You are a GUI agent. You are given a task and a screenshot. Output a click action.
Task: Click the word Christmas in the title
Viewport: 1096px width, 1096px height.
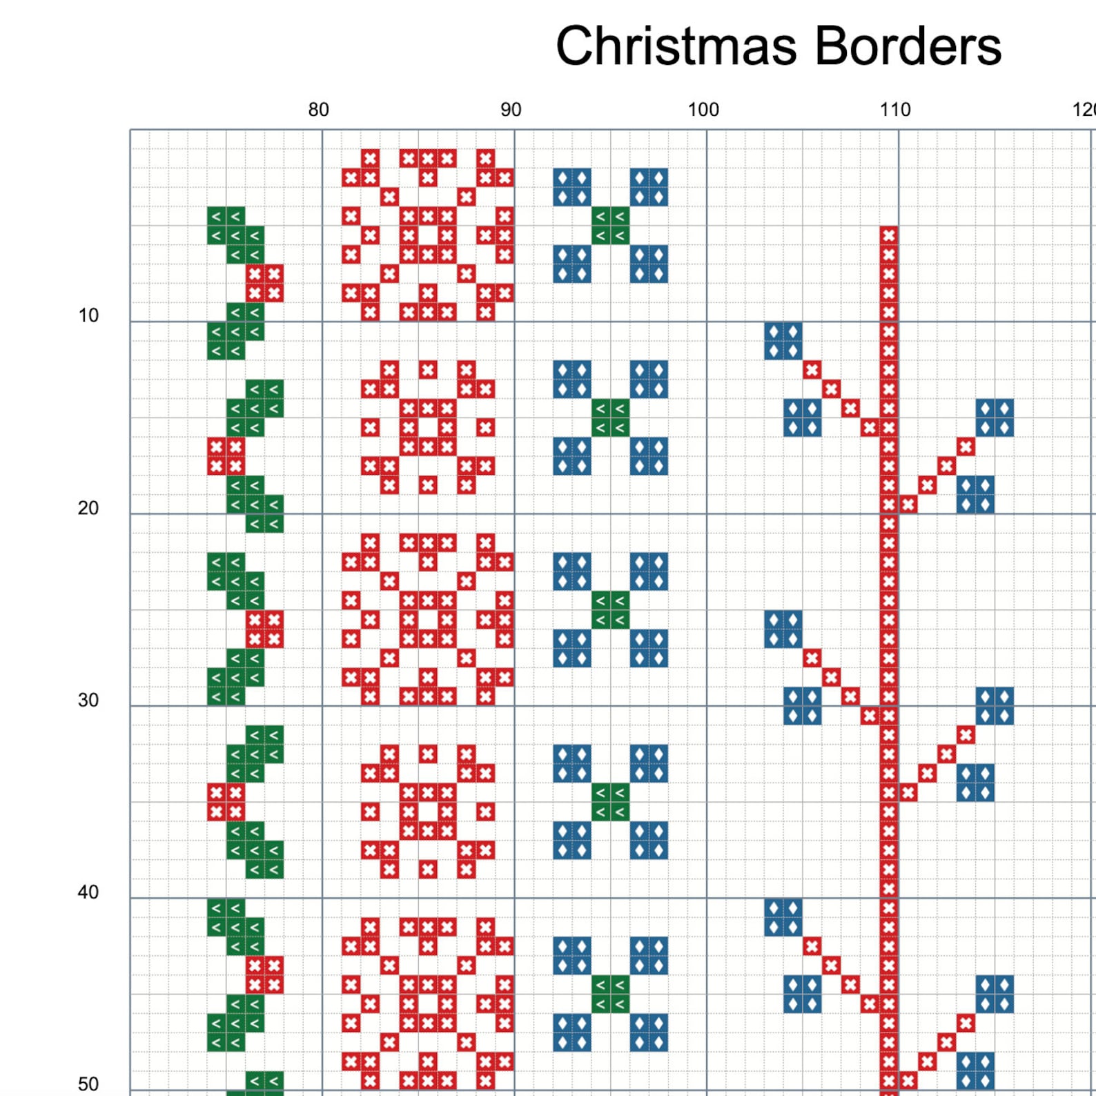coord(676,46)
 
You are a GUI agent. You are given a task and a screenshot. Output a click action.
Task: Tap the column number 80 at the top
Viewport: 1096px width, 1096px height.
coord(318,110)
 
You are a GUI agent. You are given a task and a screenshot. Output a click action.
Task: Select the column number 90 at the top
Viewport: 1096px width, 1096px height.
coord(511,110)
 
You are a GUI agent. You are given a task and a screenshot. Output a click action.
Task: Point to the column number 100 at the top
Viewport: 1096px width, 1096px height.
coord(703,110)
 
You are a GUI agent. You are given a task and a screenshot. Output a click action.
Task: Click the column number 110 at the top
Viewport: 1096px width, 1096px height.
coord(895,110)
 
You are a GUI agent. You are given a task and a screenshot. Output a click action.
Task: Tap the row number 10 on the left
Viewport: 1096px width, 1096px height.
coord(88,315)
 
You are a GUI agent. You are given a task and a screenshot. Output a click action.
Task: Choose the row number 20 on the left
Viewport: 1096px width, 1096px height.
coord(88,508)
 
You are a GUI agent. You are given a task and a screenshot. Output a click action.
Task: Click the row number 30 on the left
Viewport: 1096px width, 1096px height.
coord(88,700)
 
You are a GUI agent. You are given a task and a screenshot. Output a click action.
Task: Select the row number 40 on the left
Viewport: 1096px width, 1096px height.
coord(88,892)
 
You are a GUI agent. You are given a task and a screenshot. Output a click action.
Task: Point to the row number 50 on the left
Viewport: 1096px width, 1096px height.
coord(88,1084)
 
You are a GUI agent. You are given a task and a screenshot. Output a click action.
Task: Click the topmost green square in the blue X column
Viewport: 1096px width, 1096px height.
coord(611,226)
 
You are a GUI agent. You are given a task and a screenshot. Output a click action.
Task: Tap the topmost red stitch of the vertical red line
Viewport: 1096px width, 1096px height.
coord(889,235)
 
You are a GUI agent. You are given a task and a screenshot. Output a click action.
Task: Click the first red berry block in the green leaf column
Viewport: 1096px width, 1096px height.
coord(265,284)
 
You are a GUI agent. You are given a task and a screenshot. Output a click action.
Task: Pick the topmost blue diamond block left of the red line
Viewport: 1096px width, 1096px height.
coord(783,341)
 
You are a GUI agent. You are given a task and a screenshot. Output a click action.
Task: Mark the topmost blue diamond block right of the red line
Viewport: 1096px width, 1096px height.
coord(995,418)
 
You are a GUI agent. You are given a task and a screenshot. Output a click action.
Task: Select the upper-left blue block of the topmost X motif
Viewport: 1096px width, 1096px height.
coord(572,187)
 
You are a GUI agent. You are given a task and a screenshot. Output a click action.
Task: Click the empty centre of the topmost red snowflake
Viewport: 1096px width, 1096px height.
coord(428,235)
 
